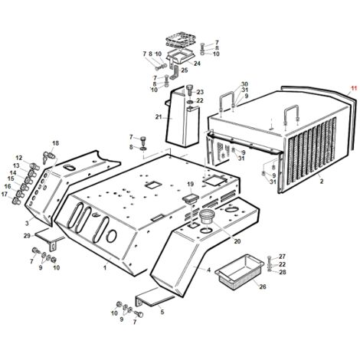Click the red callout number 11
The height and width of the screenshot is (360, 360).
point(353,88)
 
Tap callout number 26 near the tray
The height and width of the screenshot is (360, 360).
point(263,286)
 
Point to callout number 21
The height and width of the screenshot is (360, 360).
point(159,117)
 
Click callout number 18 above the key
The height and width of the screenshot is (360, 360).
point(55,143)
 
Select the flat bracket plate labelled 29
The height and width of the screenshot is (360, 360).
point(48,237)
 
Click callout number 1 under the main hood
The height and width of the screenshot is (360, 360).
point(105,267)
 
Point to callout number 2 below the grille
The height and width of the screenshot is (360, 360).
point(322,182)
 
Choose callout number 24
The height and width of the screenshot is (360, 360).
point(197,64)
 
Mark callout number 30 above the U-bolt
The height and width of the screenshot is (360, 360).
point(244,84)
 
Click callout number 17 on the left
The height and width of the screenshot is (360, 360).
point(5,195)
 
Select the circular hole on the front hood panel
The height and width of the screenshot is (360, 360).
point(111,236)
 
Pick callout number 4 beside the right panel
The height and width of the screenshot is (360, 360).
point(209,270)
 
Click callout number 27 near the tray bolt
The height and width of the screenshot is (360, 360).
point(282,257)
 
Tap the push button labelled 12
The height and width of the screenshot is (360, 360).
point(34,166)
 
